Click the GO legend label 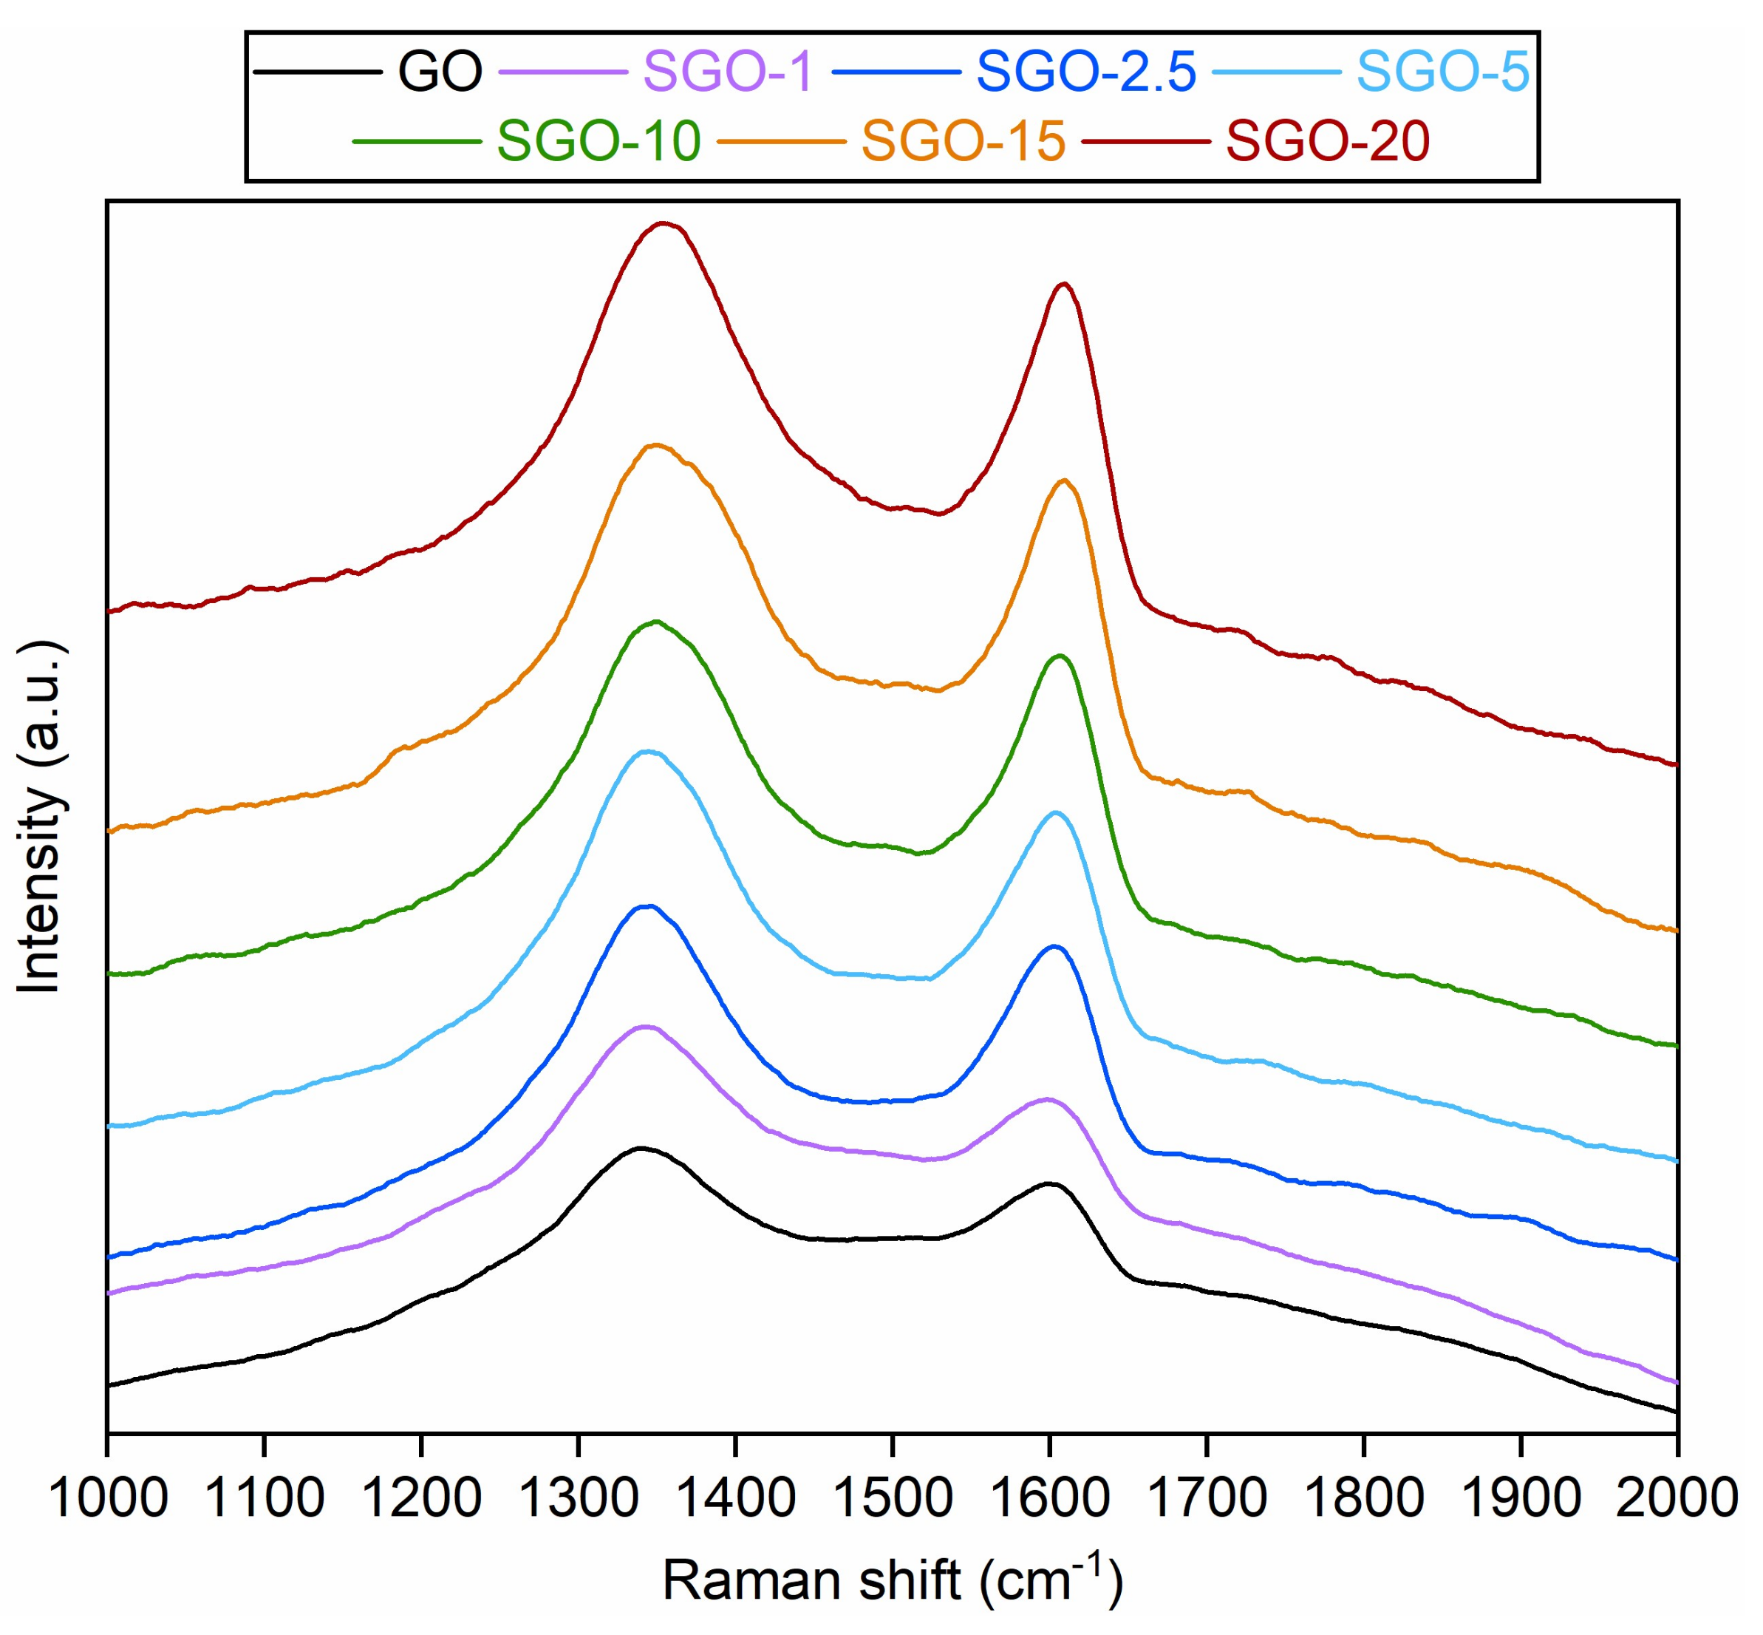[440, 71]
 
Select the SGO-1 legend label [727, 71]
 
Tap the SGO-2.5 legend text [1086, 71]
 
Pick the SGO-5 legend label [1443, 71]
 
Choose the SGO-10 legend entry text [599, 140]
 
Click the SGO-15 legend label [964, 140]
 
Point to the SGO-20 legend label [1328, 140]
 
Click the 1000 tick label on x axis [107, 1499]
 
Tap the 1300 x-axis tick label [578, 1499]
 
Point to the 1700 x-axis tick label [1206, 1499]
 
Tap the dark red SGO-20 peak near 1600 [1064, 284]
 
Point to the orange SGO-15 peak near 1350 [655, 445]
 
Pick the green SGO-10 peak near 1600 [1059, 656]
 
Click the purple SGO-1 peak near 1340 [646, 1027]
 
